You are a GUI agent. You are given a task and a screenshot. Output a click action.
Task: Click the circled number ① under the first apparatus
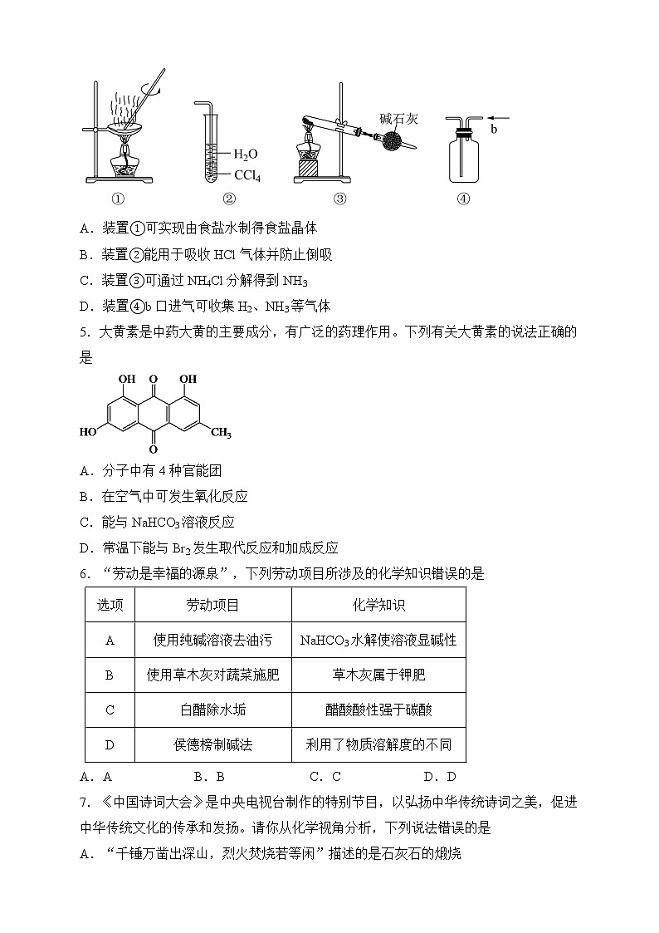117,199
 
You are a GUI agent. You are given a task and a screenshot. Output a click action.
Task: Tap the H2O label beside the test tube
246,155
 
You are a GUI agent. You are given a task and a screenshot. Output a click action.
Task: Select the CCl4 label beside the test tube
249,175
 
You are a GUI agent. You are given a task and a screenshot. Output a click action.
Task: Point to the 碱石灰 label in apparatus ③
398,119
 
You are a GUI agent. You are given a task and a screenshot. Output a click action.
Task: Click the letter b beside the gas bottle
494,130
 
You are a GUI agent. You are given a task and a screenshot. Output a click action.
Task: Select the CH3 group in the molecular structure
220,434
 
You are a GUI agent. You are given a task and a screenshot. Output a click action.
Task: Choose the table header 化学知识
378,606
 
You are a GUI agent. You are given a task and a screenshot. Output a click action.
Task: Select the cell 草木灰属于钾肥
378,675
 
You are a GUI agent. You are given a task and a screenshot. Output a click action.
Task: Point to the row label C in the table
110,710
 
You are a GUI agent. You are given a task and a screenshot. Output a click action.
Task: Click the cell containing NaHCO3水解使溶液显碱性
378,641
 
